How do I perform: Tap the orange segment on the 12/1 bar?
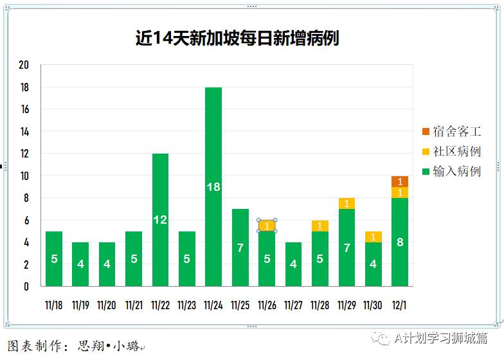click(400, 181)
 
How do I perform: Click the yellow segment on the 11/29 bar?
click(346, 204)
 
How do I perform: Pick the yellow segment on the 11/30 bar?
click(373, 237)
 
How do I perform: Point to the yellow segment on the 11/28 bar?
click(320, 226)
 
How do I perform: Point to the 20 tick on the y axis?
click(24, 66)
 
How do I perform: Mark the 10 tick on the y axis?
click(24, 176)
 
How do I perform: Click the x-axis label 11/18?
click(54, 305)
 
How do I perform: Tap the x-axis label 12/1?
click(400, 305)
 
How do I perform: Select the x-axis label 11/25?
click(240, 305)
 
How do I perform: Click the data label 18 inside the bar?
click(213, 187)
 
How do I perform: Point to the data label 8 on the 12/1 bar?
click(400, 242)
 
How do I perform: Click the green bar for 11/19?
click(80, 264)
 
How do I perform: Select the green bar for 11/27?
click(293, 264)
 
